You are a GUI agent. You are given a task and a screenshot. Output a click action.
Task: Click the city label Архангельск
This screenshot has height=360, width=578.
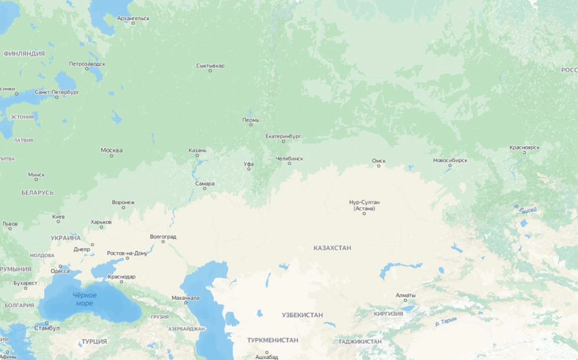click(x=133, y=18)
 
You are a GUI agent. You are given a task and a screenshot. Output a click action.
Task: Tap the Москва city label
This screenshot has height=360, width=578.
click(x=111, y=150)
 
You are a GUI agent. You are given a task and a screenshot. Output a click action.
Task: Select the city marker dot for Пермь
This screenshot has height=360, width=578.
click(x=251, y=125)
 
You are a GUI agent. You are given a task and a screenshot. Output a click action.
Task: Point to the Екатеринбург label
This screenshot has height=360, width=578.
click(x=283, y=136)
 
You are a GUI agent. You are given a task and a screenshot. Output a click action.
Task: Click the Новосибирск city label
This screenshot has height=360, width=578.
click(x=450, y=160)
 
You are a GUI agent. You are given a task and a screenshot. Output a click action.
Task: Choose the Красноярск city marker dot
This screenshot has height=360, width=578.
click(x=525, y=153)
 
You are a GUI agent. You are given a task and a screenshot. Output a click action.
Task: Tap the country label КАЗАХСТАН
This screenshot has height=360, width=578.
click(x=332, y=248)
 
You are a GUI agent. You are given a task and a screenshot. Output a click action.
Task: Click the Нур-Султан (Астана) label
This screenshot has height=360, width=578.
click(x=364, y=205)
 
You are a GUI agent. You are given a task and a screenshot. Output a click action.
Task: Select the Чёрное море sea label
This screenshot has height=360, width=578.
click(x=85, y=299)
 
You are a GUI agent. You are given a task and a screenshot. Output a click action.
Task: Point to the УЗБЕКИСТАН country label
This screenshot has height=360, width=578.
click(x=302, y=315)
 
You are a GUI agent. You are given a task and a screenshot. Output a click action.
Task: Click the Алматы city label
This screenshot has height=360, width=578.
click(x=405, y=295)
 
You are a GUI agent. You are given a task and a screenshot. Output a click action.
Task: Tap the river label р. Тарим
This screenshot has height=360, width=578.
click(x=446, y=322)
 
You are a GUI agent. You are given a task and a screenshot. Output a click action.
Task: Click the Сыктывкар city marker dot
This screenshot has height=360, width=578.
click(x=210, y=71)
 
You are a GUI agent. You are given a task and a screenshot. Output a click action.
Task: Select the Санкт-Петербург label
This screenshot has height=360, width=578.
click(x=57, y=92)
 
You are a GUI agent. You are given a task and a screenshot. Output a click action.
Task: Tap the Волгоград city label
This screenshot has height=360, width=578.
click(x=162, y=237)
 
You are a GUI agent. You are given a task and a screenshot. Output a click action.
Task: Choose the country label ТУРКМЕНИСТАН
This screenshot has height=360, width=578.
click(x=272, y=340)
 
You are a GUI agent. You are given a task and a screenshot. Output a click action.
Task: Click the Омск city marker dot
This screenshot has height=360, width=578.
click(x=378, y=166)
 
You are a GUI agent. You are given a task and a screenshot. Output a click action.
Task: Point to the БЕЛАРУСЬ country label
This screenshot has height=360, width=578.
click(x=37, y=193)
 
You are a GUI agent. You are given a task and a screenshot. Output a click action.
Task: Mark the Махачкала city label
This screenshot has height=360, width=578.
click(x=185, y=298)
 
